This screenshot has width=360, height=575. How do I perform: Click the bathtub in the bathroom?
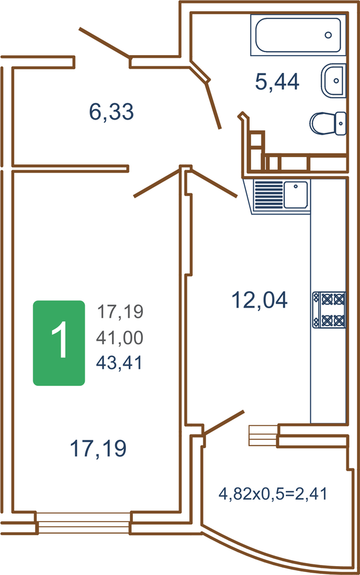coord(298,35)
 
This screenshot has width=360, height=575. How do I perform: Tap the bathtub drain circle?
coord(329,35)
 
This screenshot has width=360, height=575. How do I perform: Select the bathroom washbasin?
coord(333,81)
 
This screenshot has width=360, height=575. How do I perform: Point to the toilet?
coord(328,123)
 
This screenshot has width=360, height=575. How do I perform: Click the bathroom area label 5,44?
coord(278,82)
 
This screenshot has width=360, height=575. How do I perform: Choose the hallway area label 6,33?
coord(111,112)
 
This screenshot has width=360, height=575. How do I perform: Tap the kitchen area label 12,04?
coord(259,299)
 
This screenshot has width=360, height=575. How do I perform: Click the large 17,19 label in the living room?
coord(98,448)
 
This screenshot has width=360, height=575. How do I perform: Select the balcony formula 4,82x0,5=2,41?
coord(273,494)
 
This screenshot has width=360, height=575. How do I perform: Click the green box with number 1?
coord(59,343)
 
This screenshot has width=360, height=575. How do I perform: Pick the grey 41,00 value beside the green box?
coord(120,337)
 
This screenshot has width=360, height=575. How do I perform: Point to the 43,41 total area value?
coord(119,363)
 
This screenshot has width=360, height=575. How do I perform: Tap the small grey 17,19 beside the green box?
coord(120,312)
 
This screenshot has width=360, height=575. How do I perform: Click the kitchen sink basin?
coord(296,195)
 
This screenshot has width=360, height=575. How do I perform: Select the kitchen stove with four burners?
coord(329,309)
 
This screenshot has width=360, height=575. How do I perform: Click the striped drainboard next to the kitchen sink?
coord(269,195)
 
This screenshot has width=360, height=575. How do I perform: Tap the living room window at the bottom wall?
coord(84,523)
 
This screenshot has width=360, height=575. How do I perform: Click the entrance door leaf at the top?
coord(104,43)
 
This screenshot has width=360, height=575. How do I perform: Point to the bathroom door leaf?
coord(213,104)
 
